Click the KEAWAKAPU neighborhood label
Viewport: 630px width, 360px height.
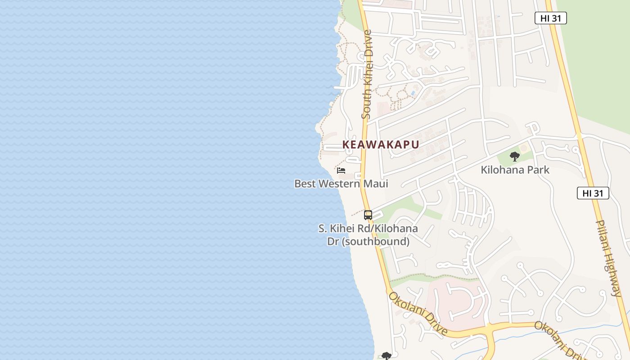[381, 144]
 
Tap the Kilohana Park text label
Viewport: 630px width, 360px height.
[515, 170]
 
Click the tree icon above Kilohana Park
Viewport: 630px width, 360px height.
[515, 157]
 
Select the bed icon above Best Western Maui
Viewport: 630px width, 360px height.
[341, 171]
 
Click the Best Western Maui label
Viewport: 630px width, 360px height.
[341, 184]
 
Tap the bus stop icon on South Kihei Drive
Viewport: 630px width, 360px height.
[368, 215]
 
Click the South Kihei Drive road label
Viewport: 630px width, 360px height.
[367, 74]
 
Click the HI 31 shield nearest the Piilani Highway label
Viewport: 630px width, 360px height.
[593, 193]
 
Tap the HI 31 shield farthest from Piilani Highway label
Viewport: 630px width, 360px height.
[550, 18]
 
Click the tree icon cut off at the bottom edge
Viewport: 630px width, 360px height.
[386, 356]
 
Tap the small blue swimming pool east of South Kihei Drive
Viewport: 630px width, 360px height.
[412, 93]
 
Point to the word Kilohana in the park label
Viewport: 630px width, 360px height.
[500, 170]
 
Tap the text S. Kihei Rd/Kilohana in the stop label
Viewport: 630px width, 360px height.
[368, 228]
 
